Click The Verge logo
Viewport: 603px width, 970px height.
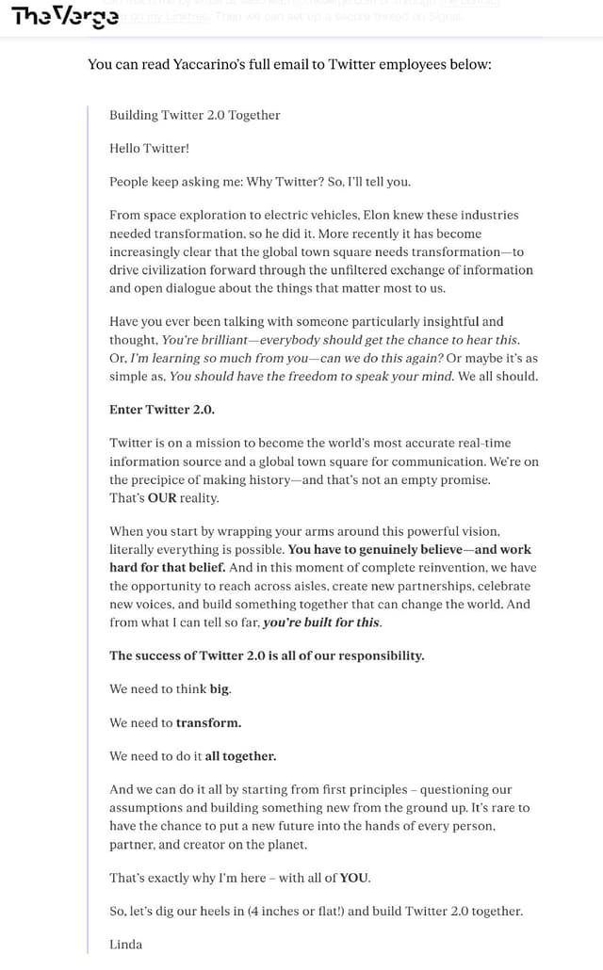click(65, 17)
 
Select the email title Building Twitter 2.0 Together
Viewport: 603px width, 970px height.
click(195, 115)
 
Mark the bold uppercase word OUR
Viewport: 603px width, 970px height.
click(163, 498)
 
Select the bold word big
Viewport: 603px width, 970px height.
click(219, 688)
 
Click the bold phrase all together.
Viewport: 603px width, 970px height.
click(240, 756)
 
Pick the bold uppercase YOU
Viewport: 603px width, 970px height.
click(354, 878)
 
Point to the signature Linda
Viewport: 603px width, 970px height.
click(125, 944)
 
